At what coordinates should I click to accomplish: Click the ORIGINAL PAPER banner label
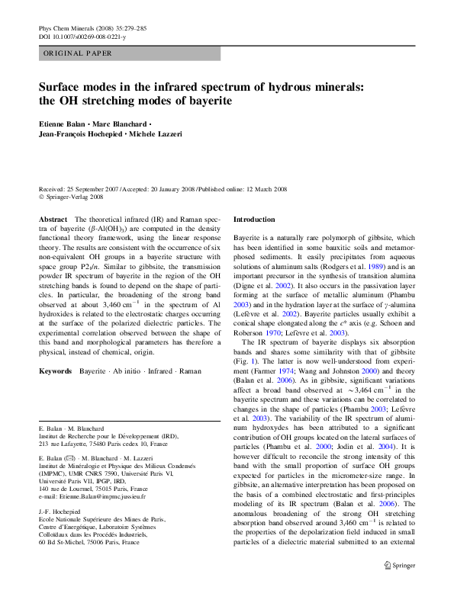[x=77, y=53]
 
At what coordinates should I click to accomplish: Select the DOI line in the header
[x=82, y=37]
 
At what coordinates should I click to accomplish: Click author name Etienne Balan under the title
[x=62, y=124]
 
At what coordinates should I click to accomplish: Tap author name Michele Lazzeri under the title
[x=156, y=134]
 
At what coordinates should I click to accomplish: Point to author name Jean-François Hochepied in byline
[x=80, y=134]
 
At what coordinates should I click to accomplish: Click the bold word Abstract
[x=53, y=220]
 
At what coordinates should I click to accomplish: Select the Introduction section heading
[x=254, y=220]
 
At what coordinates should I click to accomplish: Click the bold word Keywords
[x=56, y=371]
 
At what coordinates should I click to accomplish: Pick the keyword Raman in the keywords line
[x=190, y=371]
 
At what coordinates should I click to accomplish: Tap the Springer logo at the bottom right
[x=400, y=566]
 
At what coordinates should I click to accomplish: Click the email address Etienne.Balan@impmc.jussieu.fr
[x=103, y=496]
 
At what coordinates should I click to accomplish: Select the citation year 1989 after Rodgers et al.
[x=375, y=267]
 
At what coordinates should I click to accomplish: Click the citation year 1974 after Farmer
[x=286, y=371]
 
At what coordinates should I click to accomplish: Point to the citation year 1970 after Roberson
[x=273, y=333]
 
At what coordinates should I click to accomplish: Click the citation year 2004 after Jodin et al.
[x=385, y=447]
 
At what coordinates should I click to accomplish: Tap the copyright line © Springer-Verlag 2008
[x=71, y=197]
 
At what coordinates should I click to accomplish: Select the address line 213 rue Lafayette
[x=103, y=444]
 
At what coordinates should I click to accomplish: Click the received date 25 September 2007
[x=93, y=189]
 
